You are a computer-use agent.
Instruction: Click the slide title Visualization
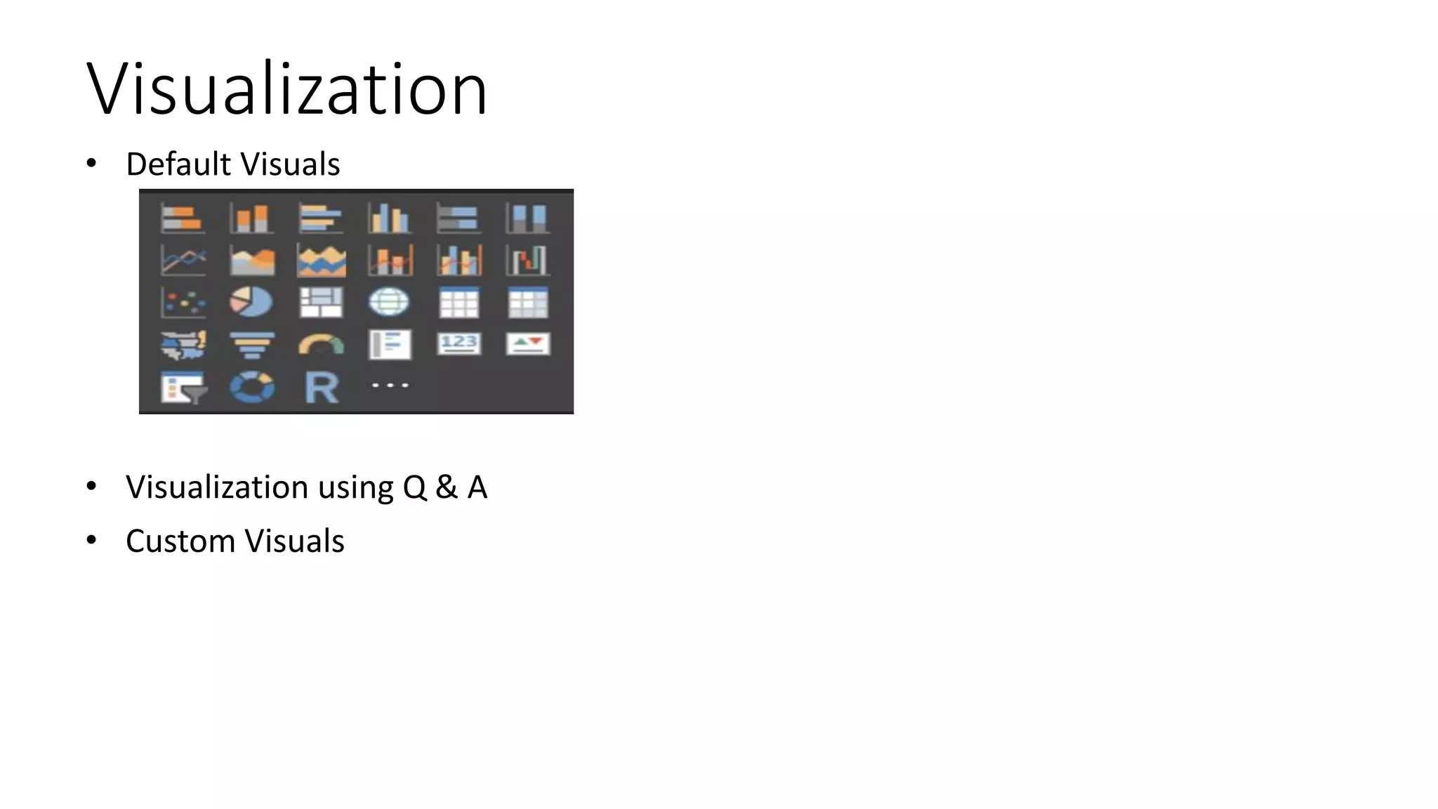click(286, 89)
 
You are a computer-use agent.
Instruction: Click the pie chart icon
click(251, 302)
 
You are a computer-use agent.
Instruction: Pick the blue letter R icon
click(322, 388)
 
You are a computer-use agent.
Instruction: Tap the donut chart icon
click(252, 388)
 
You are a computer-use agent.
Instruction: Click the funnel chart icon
click(252, 345)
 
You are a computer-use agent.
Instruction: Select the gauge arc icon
click(321, 344)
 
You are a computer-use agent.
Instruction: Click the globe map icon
click(389, 302)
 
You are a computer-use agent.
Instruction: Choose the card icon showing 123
click(459, 343)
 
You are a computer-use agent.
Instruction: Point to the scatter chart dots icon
click(183, 303)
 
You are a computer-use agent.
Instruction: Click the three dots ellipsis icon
click(390, 386)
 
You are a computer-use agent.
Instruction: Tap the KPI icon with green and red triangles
click(528, 343)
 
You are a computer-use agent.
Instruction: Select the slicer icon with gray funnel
click(183, 388)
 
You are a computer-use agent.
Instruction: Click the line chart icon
click(183, 261)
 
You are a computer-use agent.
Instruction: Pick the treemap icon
click(321, 302)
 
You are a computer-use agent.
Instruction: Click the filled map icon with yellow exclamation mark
click(183, 345)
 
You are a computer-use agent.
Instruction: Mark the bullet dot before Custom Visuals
click(91, 540)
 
